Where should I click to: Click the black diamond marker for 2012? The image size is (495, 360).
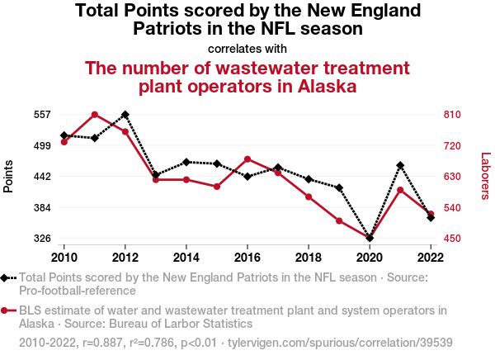coord(125,114)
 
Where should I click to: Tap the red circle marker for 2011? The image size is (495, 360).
coord(95,114)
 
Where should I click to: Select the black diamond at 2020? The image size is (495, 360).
coord(370,239)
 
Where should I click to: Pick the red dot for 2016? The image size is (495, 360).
coord(247,159)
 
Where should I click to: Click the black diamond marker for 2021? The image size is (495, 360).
coord(400,165)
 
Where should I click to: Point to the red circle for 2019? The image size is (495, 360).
coord(339,220)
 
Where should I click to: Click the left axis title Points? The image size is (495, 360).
coord(9,176)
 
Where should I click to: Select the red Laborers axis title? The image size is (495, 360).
coord(485,176)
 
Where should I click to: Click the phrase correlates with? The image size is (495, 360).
coord(247,48)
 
